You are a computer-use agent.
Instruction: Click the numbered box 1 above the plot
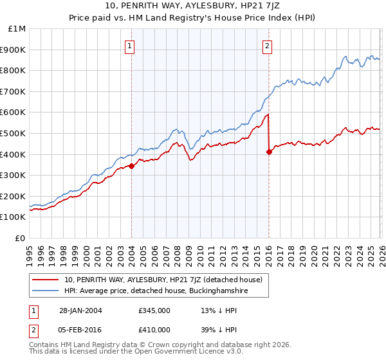click(x=131, y=46)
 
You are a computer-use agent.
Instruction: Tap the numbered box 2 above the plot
click(x=266, y=46)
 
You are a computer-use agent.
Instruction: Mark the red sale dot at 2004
click(x=131, y=166)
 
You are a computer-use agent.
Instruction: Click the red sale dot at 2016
click(x=268, y=152)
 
